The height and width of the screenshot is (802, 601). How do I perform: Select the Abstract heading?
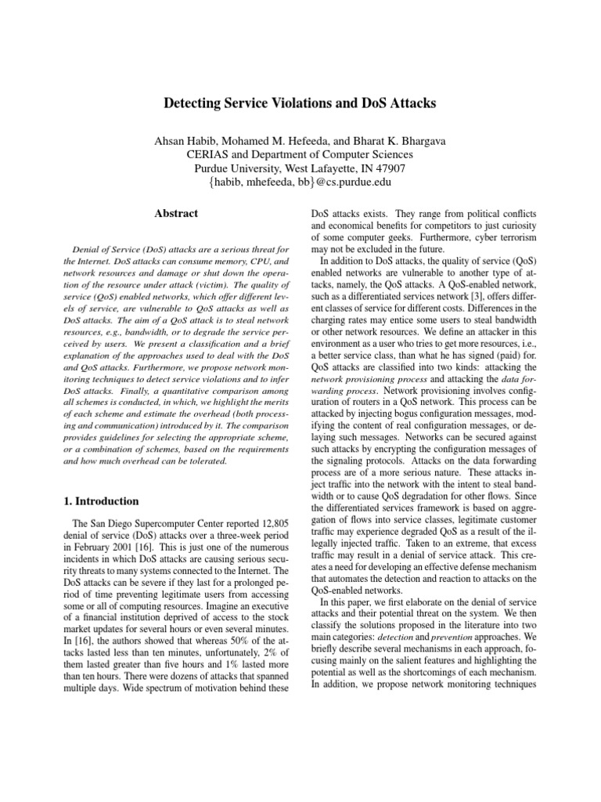175,213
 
